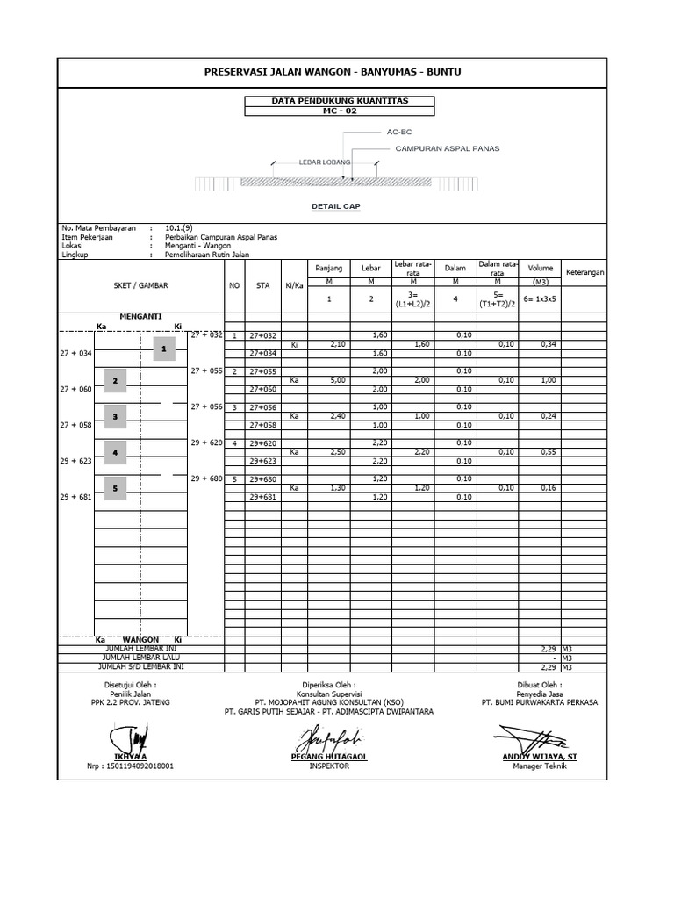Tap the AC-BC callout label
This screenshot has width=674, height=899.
pos(399,132)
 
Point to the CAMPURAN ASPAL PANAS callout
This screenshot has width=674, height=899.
pos(448,149)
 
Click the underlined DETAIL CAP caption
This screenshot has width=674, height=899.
pos(336,206)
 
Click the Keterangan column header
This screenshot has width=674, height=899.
pos(584,271)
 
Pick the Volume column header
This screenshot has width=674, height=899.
pos(541,267)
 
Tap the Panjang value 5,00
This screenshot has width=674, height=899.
pos(337,380)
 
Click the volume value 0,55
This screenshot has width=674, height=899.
pos(549,451)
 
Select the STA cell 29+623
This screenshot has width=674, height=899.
pos(262,461)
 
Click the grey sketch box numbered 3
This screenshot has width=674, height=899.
pos(115,415)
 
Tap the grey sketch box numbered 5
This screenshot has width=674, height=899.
pos(115,487)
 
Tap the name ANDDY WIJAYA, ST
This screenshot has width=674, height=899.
pos(540,756)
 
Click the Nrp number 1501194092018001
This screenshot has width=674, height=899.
pos(131,766)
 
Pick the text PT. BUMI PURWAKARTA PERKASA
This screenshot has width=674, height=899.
pos(539,702)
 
